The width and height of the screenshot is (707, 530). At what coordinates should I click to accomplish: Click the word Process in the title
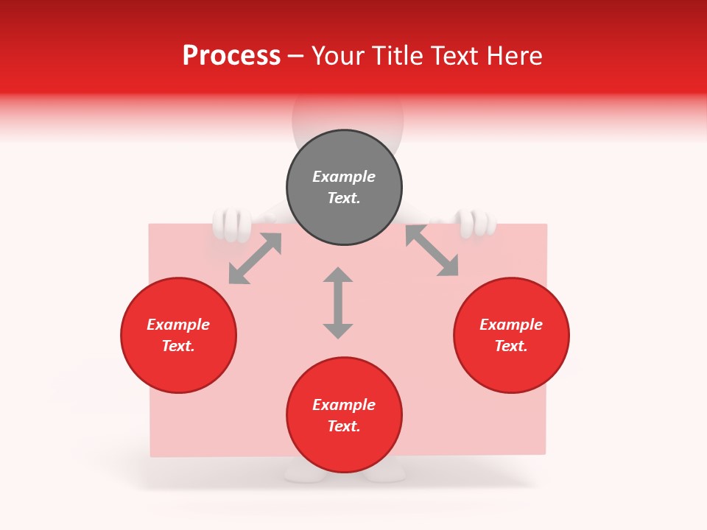[231, 56]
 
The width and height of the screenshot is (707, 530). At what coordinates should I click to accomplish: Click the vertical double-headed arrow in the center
[338, 303]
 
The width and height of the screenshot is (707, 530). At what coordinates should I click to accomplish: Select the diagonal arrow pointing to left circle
[255, 258]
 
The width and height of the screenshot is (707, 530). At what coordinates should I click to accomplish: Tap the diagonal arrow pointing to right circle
[432, 250]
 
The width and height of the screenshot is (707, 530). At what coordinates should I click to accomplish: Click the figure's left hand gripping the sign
[233, 225]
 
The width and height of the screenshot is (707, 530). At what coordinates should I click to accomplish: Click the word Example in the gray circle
[344, 177]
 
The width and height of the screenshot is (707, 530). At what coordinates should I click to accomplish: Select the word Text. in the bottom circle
[344, 426]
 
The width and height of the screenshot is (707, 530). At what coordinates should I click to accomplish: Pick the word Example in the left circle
[178, 325]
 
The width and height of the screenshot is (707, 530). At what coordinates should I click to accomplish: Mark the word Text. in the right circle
[511, 346]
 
